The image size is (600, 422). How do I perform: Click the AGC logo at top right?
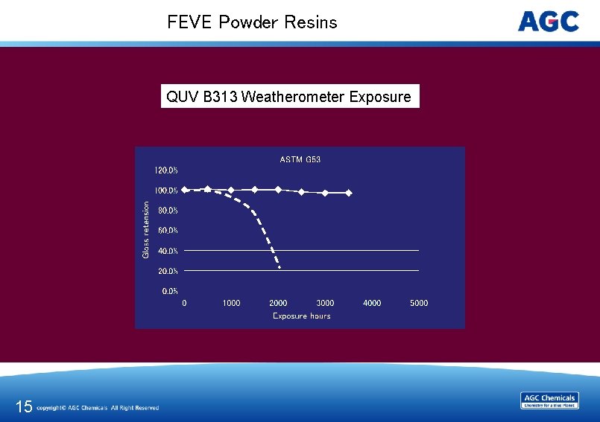549,22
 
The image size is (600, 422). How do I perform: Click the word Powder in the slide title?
249,22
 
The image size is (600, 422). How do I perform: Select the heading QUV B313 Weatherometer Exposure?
289,97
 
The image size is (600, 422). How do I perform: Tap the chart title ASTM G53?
300,159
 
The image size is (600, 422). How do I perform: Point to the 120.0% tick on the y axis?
166,170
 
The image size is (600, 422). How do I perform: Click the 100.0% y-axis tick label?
166,191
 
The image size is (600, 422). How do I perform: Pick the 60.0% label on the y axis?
168,231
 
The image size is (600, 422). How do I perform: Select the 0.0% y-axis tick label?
170,291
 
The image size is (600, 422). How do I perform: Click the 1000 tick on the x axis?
231,303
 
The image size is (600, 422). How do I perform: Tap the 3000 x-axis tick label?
325,303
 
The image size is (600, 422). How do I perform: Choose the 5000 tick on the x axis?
419,303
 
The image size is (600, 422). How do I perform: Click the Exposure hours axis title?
301,316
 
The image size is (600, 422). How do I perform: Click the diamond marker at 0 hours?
185,190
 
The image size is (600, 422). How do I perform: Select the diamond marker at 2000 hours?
278,190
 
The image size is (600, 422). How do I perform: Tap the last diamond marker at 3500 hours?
349,193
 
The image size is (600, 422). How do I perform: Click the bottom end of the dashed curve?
279,266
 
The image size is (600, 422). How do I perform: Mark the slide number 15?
24,406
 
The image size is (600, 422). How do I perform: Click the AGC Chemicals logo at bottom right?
549,400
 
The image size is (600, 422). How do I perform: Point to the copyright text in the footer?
98,408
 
